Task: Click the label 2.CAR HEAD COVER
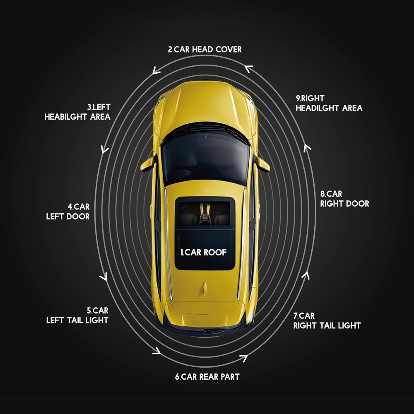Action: [x=205, y=50]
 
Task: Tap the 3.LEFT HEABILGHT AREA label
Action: [x=77, y=112]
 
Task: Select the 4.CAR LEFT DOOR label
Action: [x=68, y=211]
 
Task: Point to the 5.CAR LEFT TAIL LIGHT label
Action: [x=77, y=315]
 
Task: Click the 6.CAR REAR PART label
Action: [x=207, y=377]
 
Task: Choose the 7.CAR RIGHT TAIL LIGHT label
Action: [x=327, y=320]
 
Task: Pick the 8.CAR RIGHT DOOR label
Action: [x=344, y=199]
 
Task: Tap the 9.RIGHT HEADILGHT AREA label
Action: [x=329, y=103]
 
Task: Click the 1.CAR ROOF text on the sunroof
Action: [x=204, y=252]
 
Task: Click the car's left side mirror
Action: [x=147, y=164]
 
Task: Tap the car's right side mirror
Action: [x=263, y=164]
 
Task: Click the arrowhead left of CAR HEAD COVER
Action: [x=156, y=71]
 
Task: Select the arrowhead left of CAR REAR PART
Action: [x=157, y=351]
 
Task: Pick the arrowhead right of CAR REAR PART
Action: [x=244, y=357]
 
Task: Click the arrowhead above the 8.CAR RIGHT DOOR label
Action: [x=307, y=147]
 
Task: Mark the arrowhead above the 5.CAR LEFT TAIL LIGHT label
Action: [x=104, y=276]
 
